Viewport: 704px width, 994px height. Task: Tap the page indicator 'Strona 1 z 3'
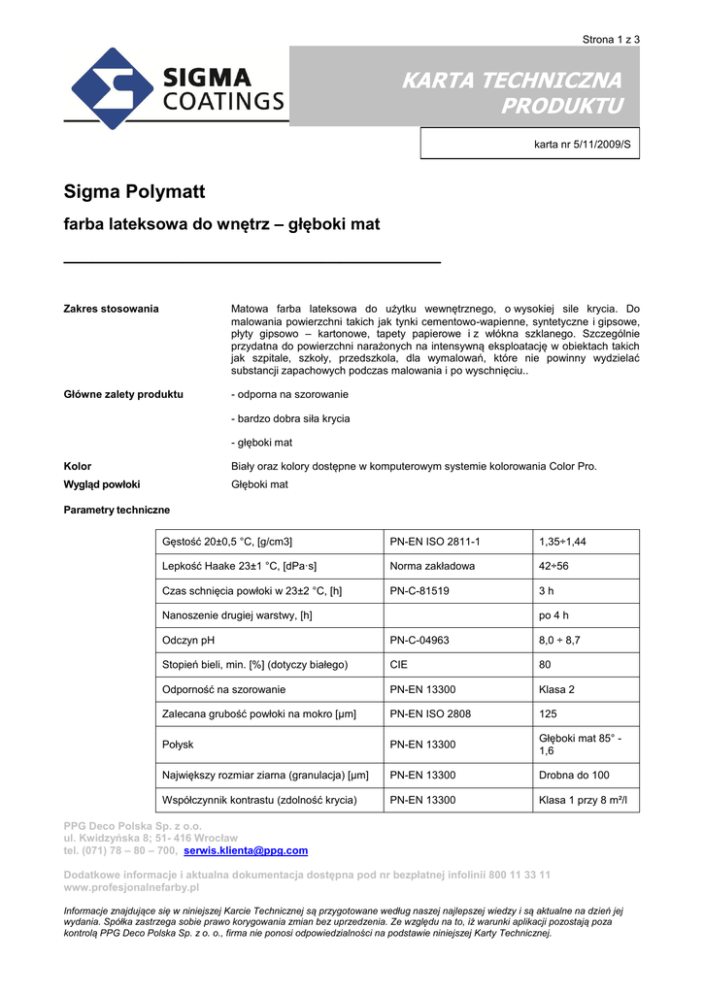611,39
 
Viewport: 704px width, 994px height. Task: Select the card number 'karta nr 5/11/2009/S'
582,145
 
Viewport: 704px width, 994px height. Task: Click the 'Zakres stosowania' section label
111,309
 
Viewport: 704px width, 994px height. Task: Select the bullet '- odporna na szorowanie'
289,395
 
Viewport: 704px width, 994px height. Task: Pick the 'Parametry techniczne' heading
117,510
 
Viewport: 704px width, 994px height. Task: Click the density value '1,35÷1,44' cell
569,542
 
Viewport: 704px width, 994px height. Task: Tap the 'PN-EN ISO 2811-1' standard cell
435,542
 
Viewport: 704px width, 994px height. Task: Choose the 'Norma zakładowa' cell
432,566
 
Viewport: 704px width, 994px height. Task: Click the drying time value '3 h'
547,590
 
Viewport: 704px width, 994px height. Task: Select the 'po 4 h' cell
553,615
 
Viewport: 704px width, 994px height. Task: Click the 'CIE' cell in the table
399,665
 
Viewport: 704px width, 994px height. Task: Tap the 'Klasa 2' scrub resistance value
557,690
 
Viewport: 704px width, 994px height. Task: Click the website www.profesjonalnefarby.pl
131,887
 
